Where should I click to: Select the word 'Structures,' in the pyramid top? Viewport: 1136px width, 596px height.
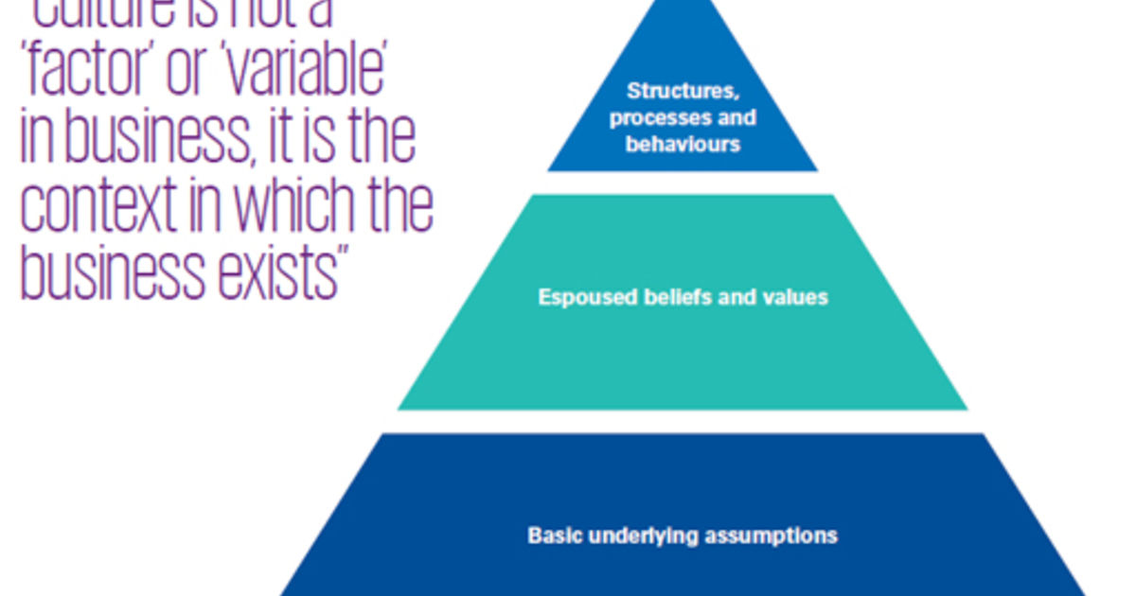pos(682,92)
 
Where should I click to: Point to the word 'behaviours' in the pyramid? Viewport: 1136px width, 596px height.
pos(682,145)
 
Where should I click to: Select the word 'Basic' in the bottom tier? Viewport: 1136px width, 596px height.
pos(555,535)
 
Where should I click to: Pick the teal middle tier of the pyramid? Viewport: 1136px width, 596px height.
pos(682,359)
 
